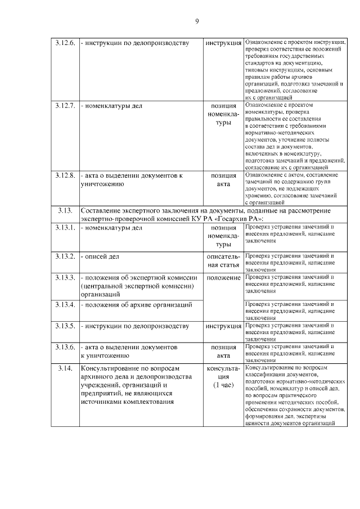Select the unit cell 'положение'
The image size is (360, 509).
223,277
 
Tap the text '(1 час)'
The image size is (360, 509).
223,385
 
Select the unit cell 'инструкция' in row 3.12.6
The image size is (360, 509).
223,43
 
